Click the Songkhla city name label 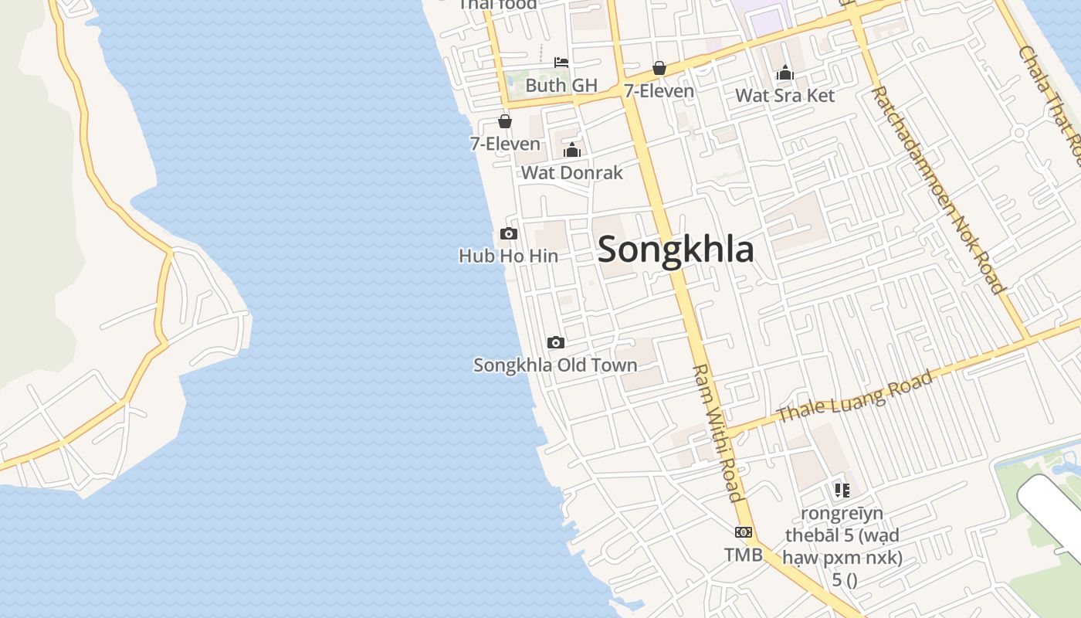pos(676,250)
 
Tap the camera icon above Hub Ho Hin pos(509,233)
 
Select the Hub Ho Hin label pos(508,256)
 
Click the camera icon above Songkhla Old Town pos(555,342)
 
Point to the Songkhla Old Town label pos(555,365)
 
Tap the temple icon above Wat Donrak pos(571,150)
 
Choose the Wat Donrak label pos(571,172)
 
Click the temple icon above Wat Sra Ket pos(784,73)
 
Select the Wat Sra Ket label pos(784,96)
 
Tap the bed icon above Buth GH pos(561,62)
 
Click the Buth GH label pos(561,85)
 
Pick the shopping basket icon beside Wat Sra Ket pos(659,68)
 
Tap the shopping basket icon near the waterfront pos(504,121)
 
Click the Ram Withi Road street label pos(717,433)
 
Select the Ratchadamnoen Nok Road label pos(939,190)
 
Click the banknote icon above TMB pos(744,531)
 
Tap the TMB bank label pos(743,555)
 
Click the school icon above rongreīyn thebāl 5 pos(842,490)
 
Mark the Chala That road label pos(1050,93)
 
